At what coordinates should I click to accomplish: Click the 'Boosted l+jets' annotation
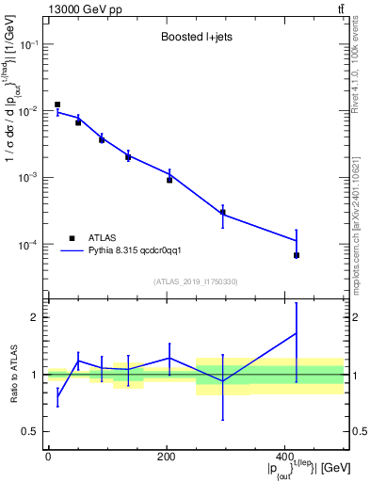click(194, 38)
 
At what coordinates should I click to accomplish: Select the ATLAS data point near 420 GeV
click(297, 255)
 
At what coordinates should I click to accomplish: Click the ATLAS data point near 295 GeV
click(222, 212)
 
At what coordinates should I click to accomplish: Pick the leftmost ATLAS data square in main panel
click(57, 104)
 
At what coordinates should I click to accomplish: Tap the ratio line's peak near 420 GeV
click(297, 332)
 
